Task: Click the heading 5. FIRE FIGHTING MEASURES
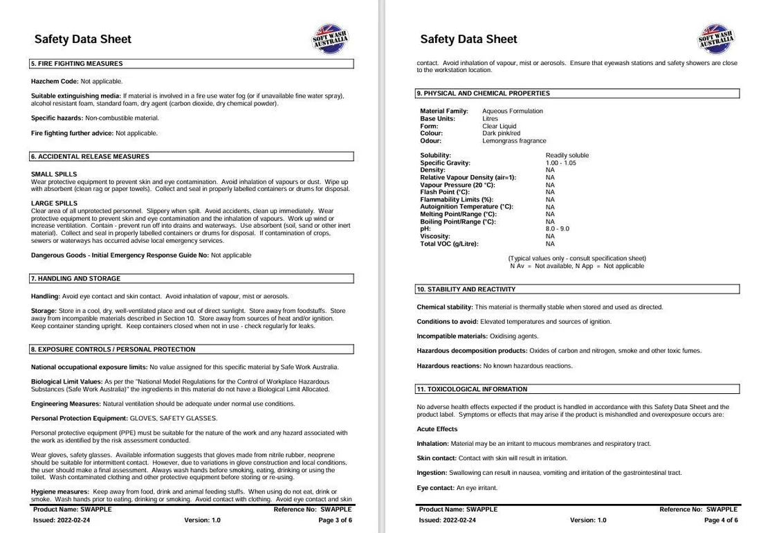pyautogui.click(x=77, y=64)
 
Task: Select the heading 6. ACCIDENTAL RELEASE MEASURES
pyautogui.click(x=89, y=156)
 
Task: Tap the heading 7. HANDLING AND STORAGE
pyautogui.click(x=75, y=278)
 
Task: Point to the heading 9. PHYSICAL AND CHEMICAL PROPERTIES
pyautogui.click(x=483, y=93)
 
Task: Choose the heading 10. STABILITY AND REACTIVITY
pyautogui.click(x=466, y=289)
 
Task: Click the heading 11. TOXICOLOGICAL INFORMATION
pyautogui.click(x=472, y=389)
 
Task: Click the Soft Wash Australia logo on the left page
pyautogui.click(x=330, y=39)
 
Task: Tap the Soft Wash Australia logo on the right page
pyautogui.click(x=715, y=39)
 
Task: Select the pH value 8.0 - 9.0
pyautogui.click(x=557, y=228)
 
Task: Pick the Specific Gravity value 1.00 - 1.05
pyautogui.click(x=560, y=163)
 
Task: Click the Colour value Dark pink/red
pyautogui.click(x=501, y=133)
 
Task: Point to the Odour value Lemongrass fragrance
pyautogui.click(x=514, y=141)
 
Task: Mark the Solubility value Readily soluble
pyautogui.click(x=567, y=155)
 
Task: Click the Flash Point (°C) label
pyautogui.click(x=444, y=192)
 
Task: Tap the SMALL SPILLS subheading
pyautogui.click(x=54, y=174)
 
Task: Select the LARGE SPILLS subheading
pyautogui.click(x=54, y=203)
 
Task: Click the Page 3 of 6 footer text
pyautogui.click(x=335, y=520)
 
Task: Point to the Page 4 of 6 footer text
pyautogui.click(x=721, y=520)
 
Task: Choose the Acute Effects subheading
pyautogui.click(x=437, y=429)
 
